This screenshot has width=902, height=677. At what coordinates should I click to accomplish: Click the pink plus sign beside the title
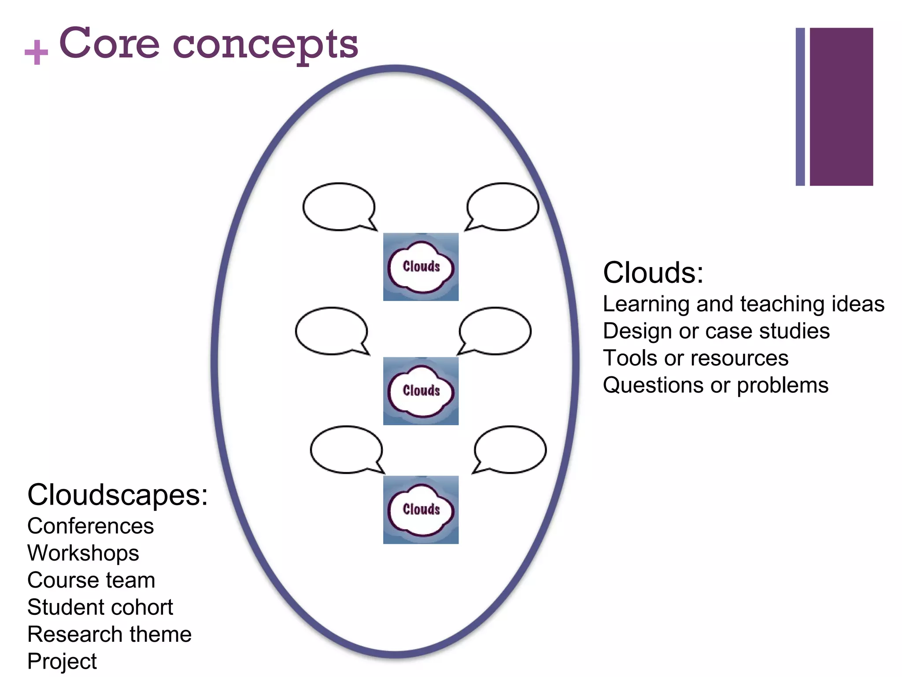(x=36, y=52)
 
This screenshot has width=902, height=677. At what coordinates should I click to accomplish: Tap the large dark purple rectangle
(x=841, y=107)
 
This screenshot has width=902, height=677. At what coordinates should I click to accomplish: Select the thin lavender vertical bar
(x=800, y=107)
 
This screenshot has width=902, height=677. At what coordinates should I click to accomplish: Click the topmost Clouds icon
(x=421, y=267)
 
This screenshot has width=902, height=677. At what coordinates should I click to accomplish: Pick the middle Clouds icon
(x=421, y=391)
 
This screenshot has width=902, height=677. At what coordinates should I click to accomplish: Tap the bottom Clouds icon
(x=421, y=510)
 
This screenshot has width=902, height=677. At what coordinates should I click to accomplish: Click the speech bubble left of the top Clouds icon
(x=339, y=206)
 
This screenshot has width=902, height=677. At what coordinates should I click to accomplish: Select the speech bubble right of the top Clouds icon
(x=503, y=206)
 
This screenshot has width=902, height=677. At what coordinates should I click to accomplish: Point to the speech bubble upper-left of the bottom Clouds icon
(x=346, y=449)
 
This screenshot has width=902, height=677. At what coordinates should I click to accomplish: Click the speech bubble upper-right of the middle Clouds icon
(x=495, y=331)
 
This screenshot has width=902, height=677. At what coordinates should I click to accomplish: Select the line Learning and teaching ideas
(x=743, y=304)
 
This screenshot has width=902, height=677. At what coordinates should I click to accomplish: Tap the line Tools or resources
(x=695, y=358)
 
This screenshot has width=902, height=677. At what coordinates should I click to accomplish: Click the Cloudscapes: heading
(x=117, y=495)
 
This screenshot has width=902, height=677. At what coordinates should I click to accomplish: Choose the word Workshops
(x=83, y=553)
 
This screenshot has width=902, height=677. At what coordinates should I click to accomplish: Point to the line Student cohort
(x=100, y=607)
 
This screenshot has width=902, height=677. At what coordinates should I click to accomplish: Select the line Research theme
(x=109, y=634)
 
